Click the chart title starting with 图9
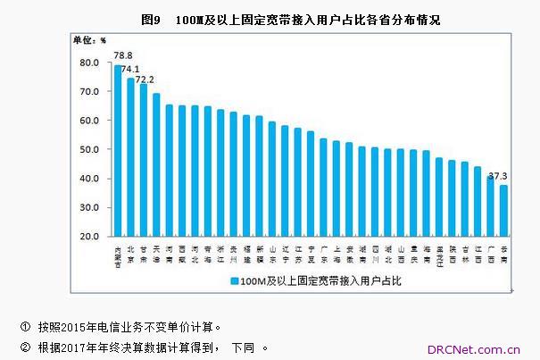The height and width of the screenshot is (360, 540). click(x=290, y=19)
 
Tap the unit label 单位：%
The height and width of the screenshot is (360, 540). click(x=88, y=40)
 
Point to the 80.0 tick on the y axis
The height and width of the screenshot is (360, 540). click(x=88, y=63)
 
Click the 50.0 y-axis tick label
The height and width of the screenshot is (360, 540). click(x=88, y=149)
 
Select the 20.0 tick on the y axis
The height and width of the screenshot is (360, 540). click(x=88, y=237)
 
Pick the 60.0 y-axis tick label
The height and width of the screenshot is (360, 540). click(x=88, y=121)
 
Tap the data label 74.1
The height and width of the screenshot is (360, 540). click(x=131, y=69)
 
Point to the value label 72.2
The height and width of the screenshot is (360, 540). click(x=145, y=77)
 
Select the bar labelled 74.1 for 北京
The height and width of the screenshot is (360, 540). click(x=130, y=157)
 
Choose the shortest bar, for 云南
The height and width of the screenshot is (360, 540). click(x=503, y=211)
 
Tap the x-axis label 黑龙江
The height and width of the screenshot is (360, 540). click(x=438, y=255)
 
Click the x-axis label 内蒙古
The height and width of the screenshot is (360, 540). click(x=117, y=255)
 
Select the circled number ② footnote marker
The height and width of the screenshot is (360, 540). click(x=24, y=347)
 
